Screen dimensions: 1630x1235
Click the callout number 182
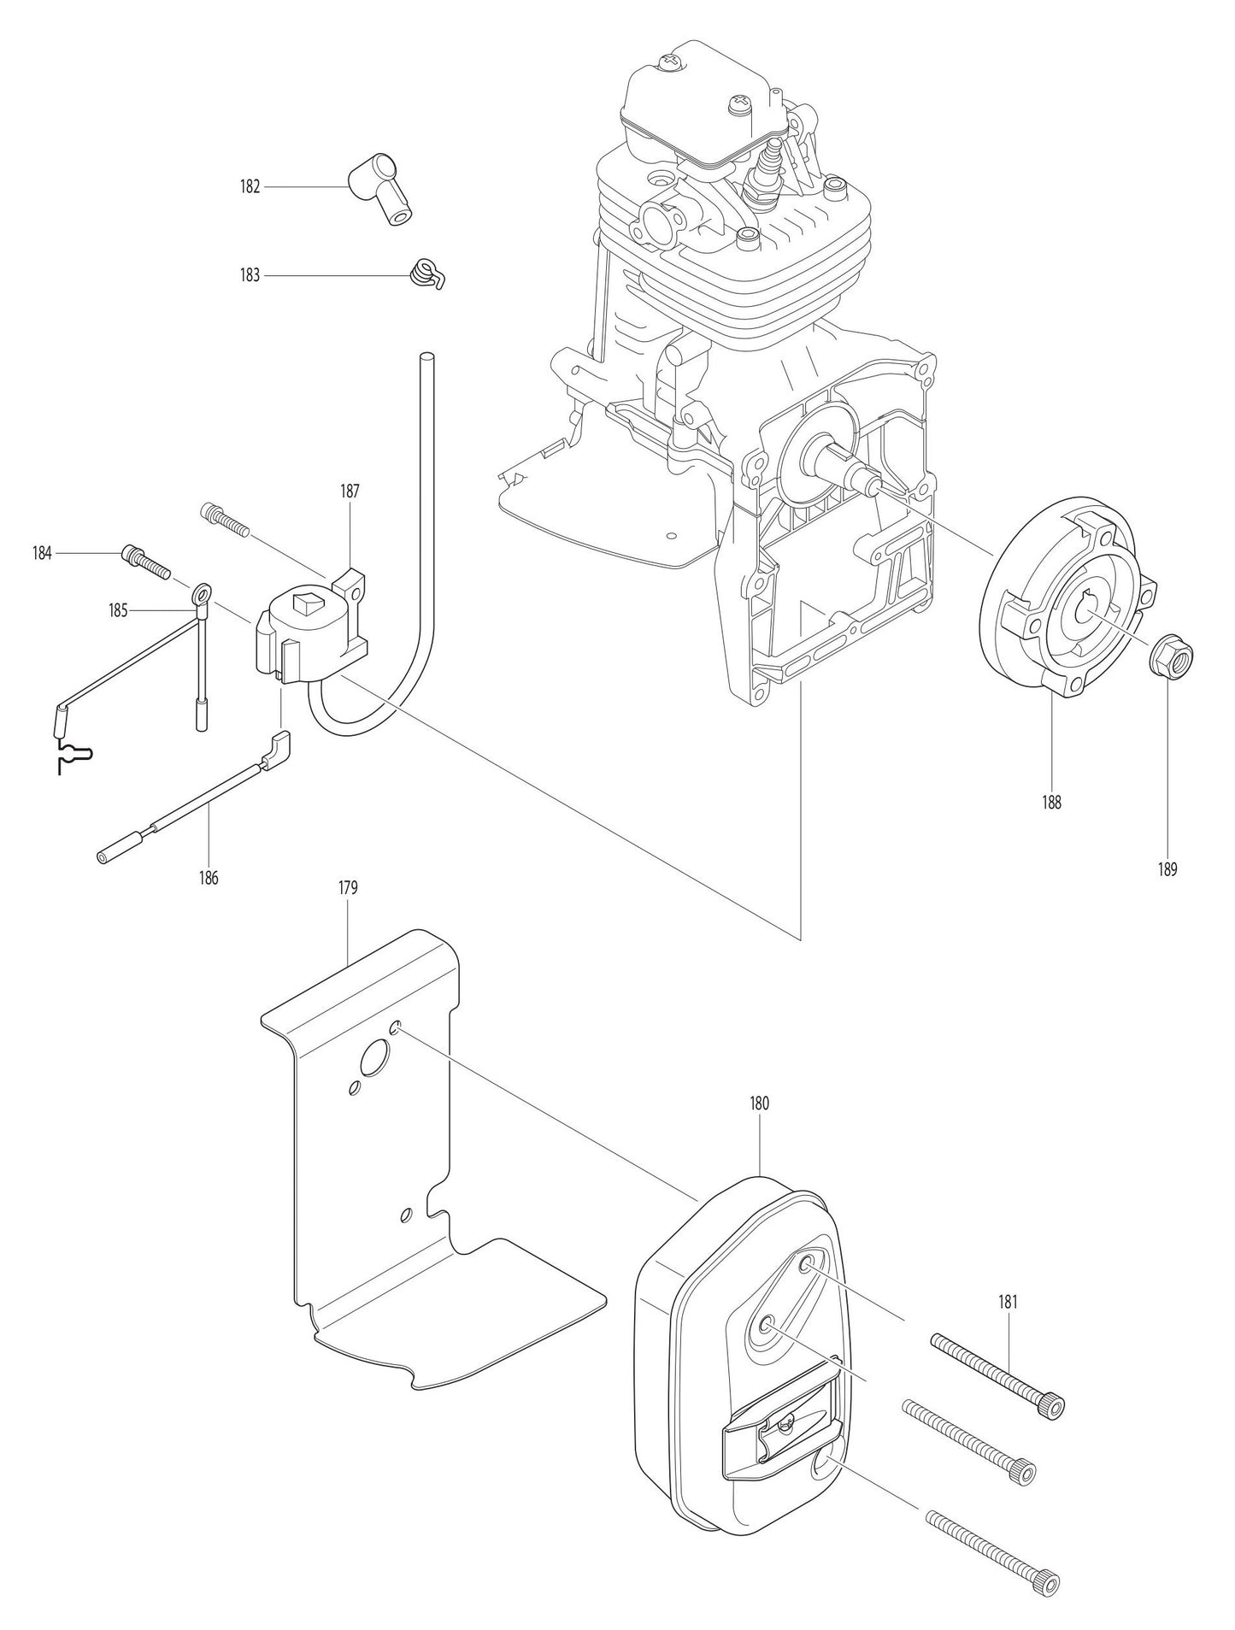click(249, 186)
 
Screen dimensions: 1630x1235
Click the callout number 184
click(43, 553)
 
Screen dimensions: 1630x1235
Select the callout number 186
click(209, 878)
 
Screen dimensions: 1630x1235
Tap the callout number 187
click(350, 491)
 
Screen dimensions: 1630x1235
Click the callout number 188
click(1050, 803)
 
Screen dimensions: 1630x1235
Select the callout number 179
click(347, 888)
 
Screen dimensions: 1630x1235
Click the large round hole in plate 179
click(373, 1061)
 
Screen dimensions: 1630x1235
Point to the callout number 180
click(759, 1103)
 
